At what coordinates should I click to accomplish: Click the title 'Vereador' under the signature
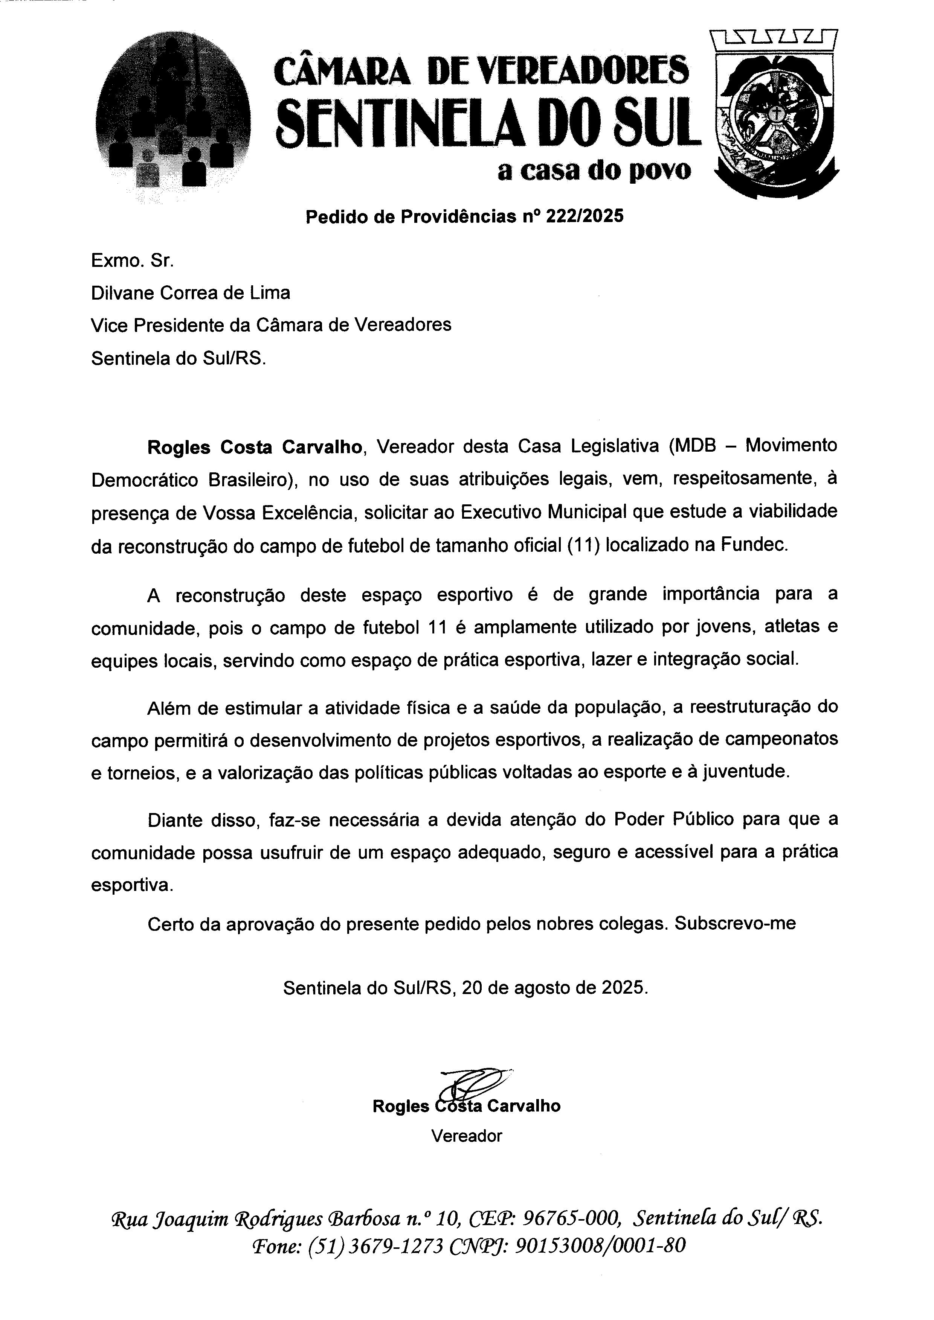(x=466, y=1136)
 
